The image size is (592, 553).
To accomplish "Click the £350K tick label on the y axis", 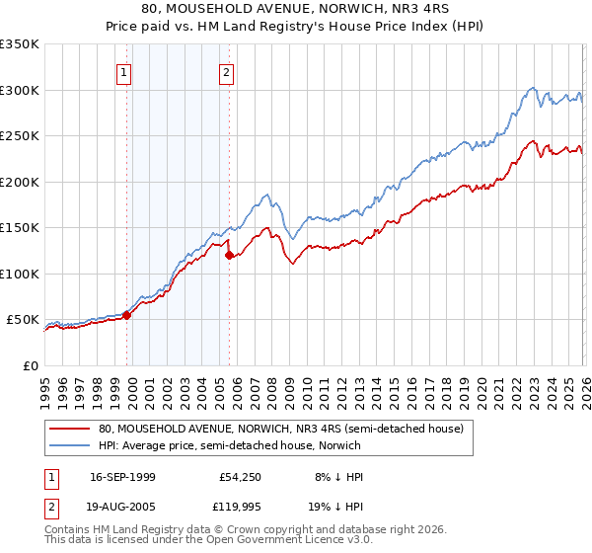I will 20,44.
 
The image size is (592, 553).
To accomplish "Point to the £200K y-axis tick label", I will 20,182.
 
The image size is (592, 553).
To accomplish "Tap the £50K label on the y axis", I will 24,320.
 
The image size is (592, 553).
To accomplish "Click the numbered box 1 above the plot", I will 123,72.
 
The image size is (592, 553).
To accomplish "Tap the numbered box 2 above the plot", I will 227,72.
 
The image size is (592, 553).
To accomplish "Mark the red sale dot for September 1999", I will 126,316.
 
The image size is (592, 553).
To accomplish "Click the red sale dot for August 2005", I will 230,256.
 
